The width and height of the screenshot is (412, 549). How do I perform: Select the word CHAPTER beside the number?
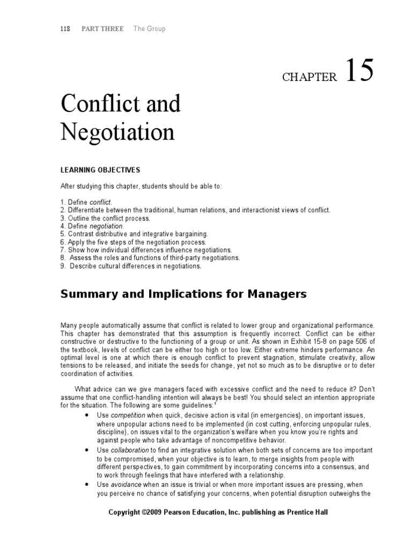[x=309, y=77]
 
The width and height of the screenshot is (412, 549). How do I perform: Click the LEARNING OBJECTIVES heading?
[x=100, y=170]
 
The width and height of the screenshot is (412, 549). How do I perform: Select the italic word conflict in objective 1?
[x=101, y=202]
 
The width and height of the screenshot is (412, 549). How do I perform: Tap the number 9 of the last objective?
[x=62, y=266]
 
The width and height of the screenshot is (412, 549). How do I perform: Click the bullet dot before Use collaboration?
[x=87, y=450]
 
